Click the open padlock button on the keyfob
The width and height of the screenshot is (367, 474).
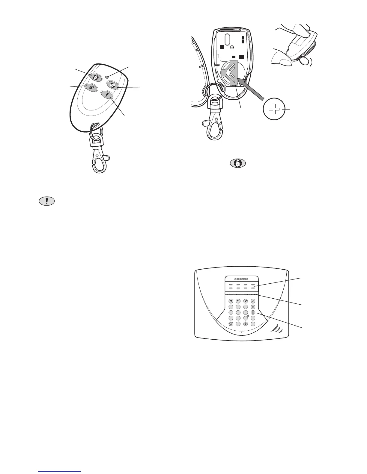pos(90,87)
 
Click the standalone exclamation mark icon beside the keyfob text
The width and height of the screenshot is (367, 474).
pos(47,201)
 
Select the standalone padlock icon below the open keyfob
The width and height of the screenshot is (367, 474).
pos(238,163)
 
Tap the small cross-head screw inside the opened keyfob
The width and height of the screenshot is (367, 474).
pos(231,47)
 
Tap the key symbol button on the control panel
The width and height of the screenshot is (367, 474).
pos(253,301)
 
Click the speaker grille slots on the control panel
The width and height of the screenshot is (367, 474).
pos(276,329)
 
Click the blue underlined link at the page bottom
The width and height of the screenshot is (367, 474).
pos(60,471)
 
